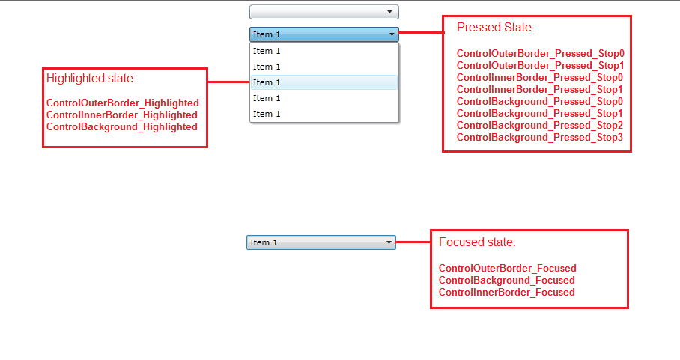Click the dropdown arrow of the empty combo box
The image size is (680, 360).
(x=389, y=12)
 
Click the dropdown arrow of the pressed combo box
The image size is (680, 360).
(x=392, y=34)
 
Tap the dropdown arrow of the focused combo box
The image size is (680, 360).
(x=389, y=242)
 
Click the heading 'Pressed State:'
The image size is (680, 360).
(x=495, y=27)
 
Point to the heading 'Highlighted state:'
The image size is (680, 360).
(x=91, y=79)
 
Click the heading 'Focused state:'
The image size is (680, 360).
(x=477, y=242)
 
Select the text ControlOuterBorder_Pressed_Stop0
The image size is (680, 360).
(x=541, y=54)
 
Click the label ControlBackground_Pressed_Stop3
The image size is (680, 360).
(x=539, y=138)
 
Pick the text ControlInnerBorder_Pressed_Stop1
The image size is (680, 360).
(x=539, y=90)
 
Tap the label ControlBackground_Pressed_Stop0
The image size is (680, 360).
(x=539, y=102)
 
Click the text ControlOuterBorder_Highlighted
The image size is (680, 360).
(x=123, y=103)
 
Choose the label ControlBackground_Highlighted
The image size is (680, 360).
(x=122, y=127)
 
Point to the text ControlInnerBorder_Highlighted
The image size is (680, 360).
(x=122, y=115)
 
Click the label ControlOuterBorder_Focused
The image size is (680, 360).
(x=508, y=269)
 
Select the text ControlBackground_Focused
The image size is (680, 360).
(x=506, y=280)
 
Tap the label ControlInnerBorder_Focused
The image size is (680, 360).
(x=506, y=293)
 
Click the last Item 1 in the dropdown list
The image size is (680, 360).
(x=267, y=114)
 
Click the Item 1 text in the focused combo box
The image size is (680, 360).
(x=264, y=242)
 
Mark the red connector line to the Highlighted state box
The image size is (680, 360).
(x=228, y=82)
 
